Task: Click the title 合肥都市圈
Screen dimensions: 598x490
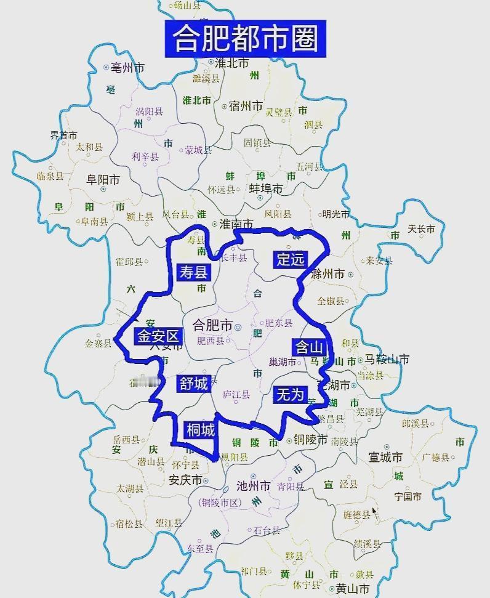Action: point(246,39)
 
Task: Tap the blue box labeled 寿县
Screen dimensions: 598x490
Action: point(193,272)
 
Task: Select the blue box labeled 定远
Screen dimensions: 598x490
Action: point(290,259)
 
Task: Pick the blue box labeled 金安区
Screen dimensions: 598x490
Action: point(157,336)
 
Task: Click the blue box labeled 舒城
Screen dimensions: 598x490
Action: point(193,384)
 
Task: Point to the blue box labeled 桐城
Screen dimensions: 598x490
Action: point(200,429)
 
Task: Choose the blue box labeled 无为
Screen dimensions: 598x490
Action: point(290,395)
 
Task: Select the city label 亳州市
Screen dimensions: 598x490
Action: point(128,67)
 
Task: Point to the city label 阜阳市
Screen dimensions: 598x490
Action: point(103,180)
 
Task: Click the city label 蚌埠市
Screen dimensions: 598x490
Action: point(265,188)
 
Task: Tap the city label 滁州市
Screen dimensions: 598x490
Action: point(327,274)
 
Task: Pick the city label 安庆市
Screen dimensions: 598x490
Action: point(185,480)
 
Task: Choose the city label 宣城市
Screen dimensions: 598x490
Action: point(385,458)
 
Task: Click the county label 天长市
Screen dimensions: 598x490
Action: point(421,229)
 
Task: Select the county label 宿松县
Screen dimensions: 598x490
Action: point(129,524)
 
